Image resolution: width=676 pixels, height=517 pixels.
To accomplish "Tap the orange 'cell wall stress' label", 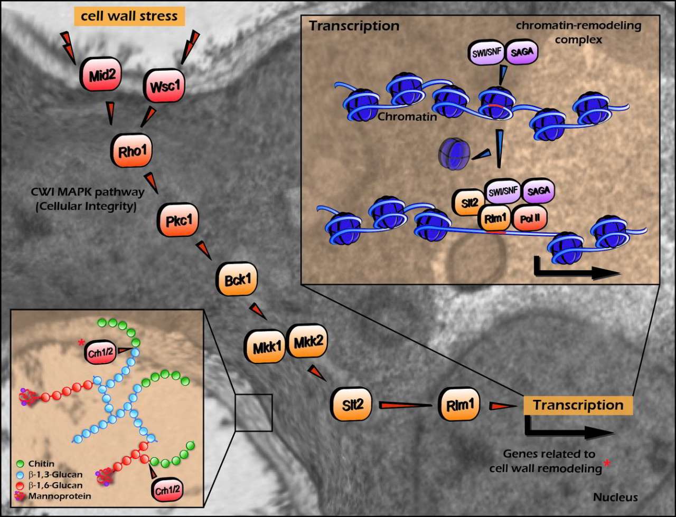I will [129, 16].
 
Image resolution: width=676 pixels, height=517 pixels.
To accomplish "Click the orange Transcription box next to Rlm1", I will [578, 405].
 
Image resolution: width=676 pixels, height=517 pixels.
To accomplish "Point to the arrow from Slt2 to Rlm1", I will [407, 406].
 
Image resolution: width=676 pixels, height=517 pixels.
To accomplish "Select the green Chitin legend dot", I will [20, 463].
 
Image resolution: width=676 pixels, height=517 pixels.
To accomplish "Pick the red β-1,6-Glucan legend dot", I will [20, 484].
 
